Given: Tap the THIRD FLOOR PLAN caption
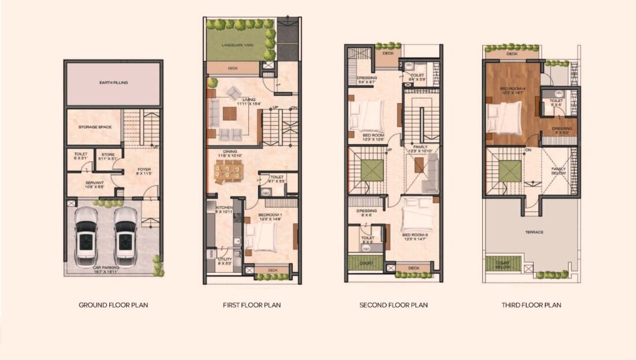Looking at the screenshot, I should [x=531, y=305].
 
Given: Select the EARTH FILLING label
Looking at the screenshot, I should [x=113, y=83].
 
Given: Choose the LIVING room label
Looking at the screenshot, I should [x=249, y=100].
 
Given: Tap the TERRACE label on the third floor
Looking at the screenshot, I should [x=534, y=232].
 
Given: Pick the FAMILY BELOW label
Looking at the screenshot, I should [x=558, y=171].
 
